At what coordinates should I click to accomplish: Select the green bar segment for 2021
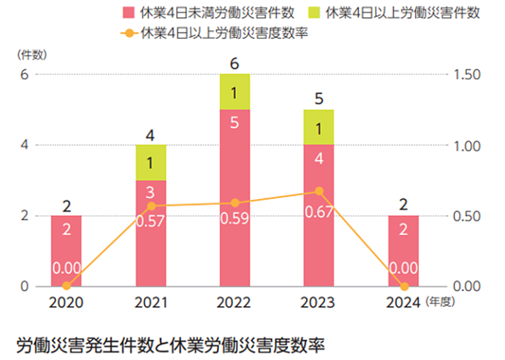coord(151,162)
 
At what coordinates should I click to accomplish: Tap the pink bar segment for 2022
coord(235,197)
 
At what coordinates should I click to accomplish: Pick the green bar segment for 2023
coord(319,127)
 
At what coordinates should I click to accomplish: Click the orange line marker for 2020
coord(66,286)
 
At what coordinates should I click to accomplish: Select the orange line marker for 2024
coord(403,286)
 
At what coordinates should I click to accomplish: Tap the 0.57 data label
coord(151,222)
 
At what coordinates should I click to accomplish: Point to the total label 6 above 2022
coord(235,63)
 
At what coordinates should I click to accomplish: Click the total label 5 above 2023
coord(319,99)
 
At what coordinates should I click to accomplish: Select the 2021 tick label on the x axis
coord(151,301)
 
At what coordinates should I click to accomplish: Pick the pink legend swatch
coord(127,12)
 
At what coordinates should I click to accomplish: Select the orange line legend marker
coord(126,32)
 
